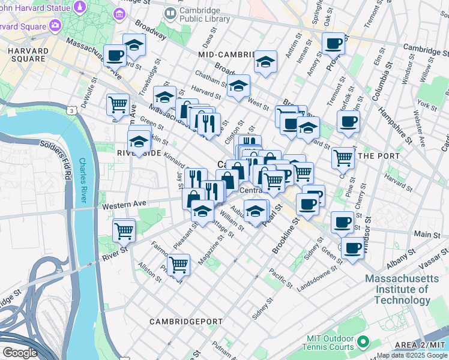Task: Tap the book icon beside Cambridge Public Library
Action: [x=170, y=13]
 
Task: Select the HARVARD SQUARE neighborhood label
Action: [x=28, y=54]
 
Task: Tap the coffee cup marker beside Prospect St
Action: [x=333, y=43]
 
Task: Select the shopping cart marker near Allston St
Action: [x=178, y=263]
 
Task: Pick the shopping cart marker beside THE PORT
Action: [x=343, y=158]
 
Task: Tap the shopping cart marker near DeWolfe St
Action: [x=118, y=104]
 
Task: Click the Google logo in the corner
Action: [x=20, y=353]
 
